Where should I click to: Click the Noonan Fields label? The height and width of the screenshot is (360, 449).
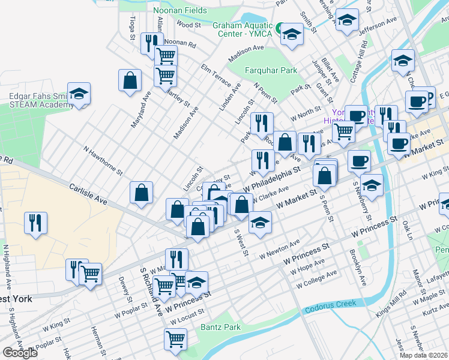180,10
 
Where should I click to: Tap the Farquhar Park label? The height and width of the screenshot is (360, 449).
271,70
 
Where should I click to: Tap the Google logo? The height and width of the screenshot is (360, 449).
20,353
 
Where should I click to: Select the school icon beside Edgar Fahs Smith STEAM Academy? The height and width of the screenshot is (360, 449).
79,94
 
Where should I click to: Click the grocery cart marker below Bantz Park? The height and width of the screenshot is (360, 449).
175,339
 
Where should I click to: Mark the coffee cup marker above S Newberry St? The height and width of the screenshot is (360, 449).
359,160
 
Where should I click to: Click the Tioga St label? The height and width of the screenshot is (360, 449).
132,29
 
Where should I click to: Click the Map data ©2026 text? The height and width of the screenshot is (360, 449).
424,355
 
